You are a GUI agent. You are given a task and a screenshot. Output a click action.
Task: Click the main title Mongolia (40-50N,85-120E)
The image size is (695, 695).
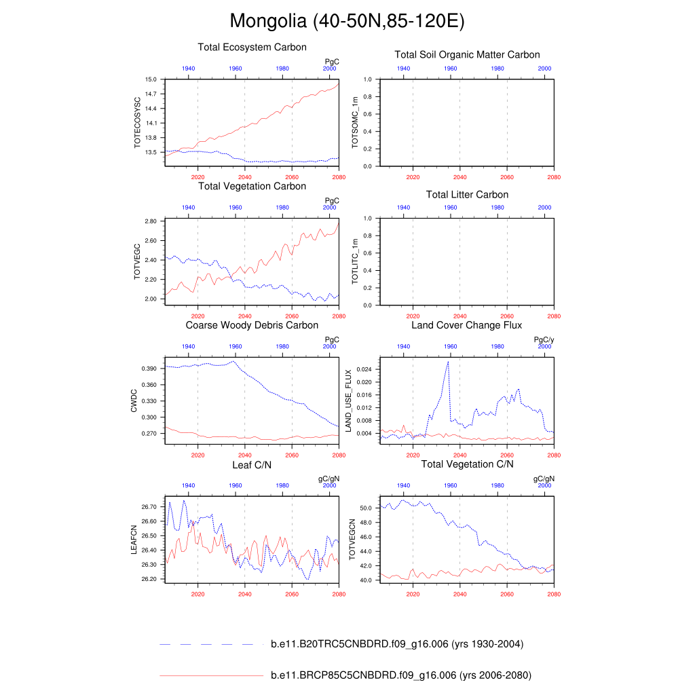(347, 21)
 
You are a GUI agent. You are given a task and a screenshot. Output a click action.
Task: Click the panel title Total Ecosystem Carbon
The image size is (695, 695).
(252, 48)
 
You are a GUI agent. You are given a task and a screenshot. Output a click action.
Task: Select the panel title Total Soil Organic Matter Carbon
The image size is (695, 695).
(467, 55)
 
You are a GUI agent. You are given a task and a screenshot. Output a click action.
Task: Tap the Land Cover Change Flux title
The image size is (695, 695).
(467, 326)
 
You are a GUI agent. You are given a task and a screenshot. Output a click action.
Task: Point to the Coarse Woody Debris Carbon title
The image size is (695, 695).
(252, 326)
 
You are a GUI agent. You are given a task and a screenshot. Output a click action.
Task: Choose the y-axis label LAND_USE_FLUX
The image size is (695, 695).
(349, 401)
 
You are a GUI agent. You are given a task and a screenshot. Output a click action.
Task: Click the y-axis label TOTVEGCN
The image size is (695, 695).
(352, 540)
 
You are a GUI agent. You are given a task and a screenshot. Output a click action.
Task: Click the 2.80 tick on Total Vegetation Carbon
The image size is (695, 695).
(151, 221)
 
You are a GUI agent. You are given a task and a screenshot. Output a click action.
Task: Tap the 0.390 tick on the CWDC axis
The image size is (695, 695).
(149, 369)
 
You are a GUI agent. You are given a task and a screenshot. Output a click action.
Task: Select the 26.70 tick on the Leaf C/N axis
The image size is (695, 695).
(149, 507)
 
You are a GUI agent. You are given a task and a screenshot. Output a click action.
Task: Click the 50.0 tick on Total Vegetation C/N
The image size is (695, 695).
(364, 508)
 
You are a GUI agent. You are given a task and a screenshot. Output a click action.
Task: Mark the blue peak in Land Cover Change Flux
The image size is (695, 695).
(448, 362)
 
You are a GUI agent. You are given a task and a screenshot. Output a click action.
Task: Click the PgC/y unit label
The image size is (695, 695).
(544, 339)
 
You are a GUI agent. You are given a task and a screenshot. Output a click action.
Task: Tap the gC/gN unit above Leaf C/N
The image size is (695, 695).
(328, 478)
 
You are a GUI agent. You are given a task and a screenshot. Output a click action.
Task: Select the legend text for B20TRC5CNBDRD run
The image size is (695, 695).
(396, 644)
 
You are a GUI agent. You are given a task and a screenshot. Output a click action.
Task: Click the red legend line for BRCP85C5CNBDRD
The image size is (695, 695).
(210, 676)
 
